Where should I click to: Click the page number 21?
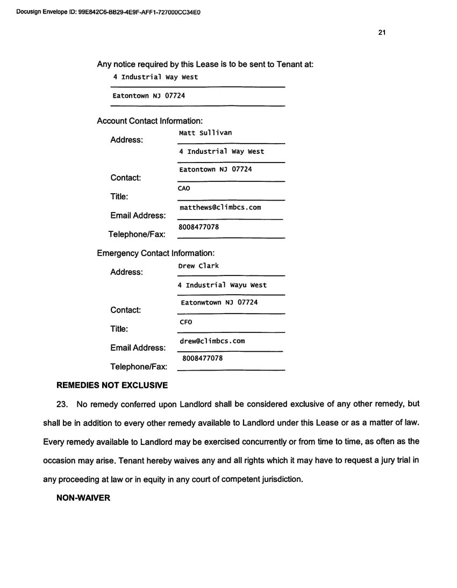381,32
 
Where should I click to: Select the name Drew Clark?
198,266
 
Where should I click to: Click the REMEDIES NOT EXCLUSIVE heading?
112,385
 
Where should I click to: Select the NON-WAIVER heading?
83,498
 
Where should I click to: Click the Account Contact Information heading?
149,121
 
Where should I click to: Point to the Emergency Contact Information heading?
155,253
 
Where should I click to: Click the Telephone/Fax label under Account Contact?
137,235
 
